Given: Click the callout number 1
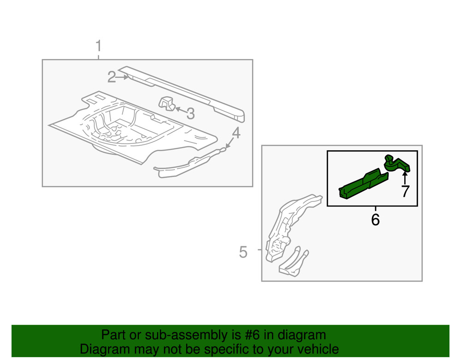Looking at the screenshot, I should tap(98, 47).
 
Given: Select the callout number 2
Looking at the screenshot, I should tap(111, 77).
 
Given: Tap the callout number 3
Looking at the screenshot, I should tap(190, 113).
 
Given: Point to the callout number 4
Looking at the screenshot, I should tap(236, 133).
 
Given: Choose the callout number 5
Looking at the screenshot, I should tap(243, 252).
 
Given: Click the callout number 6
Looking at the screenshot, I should tap(375, 219).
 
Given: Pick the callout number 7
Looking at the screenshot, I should tap(405, 191).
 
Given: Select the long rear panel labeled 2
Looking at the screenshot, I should tap(184, 90).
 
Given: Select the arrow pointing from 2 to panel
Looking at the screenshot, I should tap(123, 77).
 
